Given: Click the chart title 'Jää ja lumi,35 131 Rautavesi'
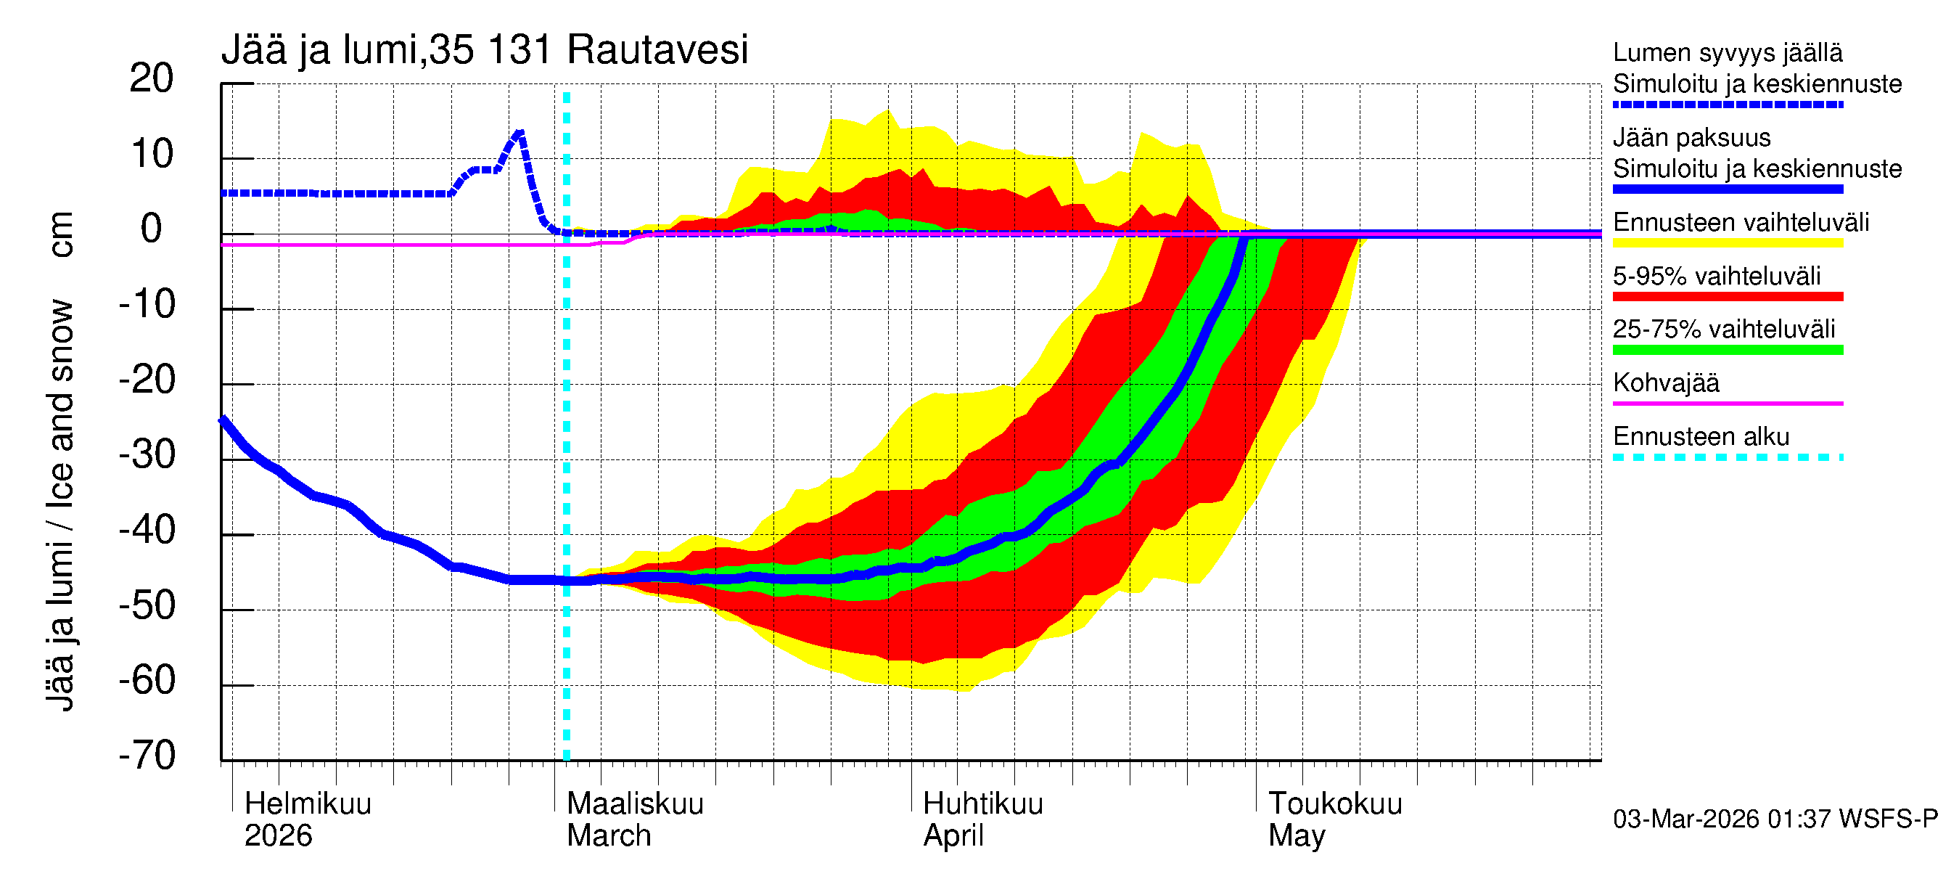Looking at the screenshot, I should [x=485, y=50].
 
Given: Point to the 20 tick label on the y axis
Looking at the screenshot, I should [x=152, y=78].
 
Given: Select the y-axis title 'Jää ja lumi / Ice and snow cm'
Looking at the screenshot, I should [x=59, y=461].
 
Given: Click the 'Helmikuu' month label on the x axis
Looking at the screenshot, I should [x=308, y=803].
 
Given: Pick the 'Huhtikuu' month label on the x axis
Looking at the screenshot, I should [x=982, y=803].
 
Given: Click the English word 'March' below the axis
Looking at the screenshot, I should [x=609, y=836].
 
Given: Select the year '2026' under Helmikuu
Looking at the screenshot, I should [x=278, y=836].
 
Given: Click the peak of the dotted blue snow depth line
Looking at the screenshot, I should [x=519, y=134].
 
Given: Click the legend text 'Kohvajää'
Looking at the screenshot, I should [x=1665, y=383].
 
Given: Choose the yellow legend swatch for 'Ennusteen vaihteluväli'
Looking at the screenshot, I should [x=1727, y=243].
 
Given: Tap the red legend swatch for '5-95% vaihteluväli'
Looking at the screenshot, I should [x=1727, y=297].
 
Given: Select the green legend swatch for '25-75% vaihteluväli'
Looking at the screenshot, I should [x=1727, y=350].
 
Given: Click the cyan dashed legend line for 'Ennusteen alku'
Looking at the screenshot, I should [x=1727, y=457].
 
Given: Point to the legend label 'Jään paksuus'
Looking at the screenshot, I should [x=1691, y=138].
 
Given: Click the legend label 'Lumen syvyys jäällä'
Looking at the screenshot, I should [x=1727, y=52].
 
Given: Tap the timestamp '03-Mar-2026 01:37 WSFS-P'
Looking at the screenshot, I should [x=1775, y=819].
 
